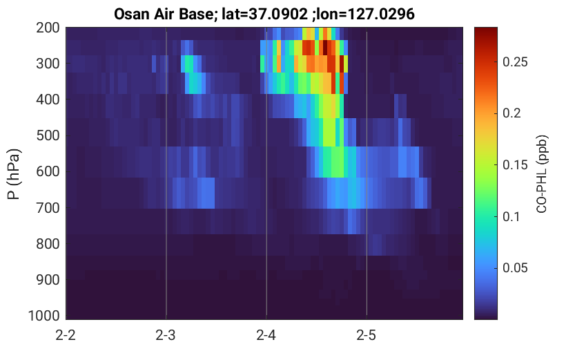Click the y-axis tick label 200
(x=48, y=28)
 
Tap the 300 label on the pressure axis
(x=48, y=64)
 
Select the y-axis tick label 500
(x=48, y=135)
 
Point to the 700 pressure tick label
(x=48, y=208)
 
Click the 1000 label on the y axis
(x=44, y=316)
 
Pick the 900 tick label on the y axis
(x=48, y=280)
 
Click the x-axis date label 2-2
(x=66, y=335)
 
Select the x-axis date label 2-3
(x=166, y=335)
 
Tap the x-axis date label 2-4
(x=266, y=335)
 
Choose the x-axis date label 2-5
(x=367, y=335)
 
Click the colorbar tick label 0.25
(x=515, y=61)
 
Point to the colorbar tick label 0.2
(x=511, y=113)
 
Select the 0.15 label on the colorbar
(x=515, y=164)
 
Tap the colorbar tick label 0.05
(x=515, y=268)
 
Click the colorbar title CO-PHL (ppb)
(x=542, y=174)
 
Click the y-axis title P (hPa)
(x=14, y=174)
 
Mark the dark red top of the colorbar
(x=486, y=30)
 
